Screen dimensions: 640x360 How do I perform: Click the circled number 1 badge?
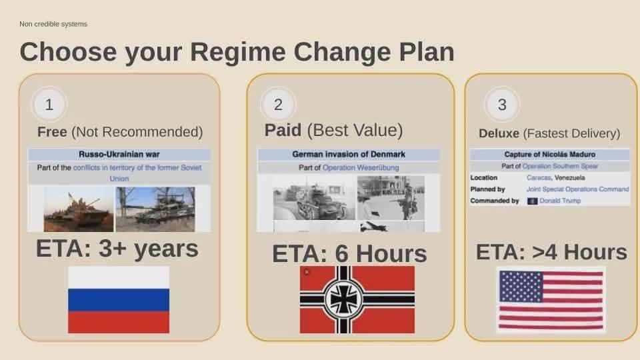point(49,105)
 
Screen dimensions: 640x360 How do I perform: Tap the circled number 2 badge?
point(278,105)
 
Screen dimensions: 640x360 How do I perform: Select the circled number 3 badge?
point(502,105)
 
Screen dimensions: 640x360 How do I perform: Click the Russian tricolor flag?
point(119,299)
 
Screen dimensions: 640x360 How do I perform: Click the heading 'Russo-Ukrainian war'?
point(119,154)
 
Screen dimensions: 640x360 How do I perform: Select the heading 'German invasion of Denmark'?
point(349,154)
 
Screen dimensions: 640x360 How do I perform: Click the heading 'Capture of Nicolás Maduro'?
point(550,154)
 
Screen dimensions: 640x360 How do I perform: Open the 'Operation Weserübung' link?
point(361,168)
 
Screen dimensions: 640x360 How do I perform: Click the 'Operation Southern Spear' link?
point(560,166)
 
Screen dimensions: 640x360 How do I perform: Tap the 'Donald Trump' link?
point(560,201)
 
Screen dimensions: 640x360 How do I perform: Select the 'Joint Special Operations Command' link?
point(577,189)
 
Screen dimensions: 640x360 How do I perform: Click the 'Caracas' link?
point(539,177)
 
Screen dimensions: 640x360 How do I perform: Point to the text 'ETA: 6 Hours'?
point(349,253)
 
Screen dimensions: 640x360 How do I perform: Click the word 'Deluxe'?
point(499,133)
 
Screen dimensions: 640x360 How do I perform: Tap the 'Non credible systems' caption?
point(53,24)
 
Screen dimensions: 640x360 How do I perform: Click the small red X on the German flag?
point(307,272)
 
